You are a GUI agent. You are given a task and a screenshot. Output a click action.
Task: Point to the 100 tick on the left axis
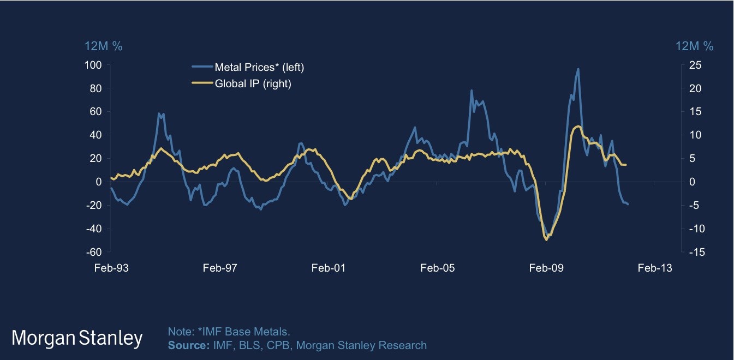tap(96, 65)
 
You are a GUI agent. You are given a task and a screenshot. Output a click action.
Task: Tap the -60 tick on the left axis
tap(96, 253)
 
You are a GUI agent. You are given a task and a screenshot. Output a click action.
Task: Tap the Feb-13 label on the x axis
tap(654, 268)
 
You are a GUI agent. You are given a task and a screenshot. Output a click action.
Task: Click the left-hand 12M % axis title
tap(103, 46)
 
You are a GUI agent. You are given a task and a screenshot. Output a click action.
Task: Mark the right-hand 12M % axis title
tap(694, 46)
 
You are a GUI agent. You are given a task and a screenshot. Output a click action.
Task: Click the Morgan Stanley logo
tap(77, 338)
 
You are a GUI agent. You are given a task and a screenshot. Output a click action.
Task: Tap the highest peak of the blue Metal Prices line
tap(578, 69)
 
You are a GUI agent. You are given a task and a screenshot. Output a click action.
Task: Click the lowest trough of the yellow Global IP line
tap(546, 239)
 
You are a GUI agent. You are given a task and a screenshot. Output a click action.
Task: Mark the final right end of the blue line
tap(628, 205)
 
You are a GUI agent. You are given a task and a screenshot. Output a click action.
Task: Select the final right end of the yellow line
tap(626, 165)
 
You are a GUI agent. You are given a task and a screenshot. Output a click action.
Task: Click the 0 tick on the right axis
tap(689, 182)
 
